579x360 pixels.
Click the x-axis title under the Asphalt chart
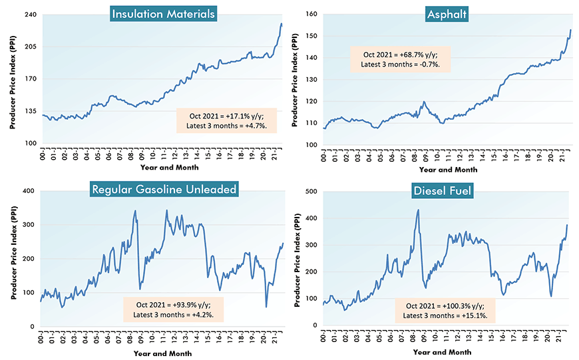[x=447, y=168]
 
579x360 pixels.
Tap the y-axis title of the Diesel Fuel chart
[x=297, y=258]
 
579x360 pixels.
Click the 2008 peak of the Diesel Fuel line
[x=418, y=210]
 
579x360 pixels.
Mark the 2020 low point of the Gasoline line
[x=266, y=307]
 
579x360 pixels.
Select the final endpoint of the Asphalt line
[x=570, y=29]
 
